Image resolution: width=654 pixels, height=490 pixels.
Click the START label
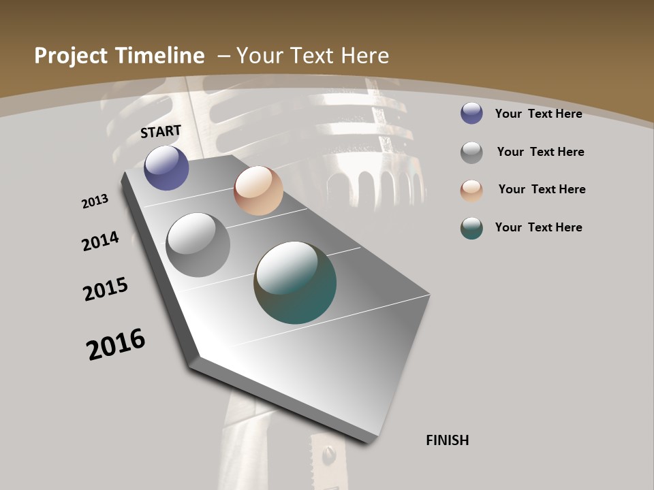click(161, 131)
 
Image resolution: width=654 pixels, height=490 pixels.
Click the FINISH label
click(448, 440)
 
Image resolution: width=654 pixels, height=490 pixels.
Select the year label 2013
click(95, 201)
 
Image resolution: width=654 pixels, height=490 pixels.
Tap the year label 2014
click(101, 241)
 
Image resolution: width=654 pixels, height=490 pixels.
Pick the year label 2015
click(106, 289)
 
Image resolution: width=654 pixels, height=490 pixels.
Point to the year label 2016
click(116, 344)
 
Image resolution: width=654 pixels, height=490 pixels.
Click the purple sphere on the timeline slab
click(166, 167)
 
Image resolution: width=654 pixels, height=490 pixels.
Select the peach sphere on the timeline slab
click(258, 191)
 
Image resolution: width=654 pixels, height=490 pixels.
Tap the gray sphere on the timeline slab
click(198, 244)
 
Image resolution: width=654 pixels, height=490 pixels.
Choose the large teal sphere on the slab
click(295, 282)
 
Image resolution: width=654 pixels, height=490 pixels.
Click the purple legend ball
click(471, 113)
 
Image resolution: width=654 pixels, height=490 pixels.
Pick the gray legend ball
click(471, 152)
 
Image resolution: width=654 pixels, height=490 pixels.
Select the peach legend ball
click(471, 191)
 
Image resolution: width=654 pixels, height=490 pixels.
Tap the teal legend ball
click(471, 228)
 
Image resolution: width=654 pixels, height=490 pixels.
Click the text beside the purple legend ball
click(538, 114)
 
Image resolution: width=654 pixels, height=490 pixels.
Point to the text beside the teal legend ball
click(538, 227)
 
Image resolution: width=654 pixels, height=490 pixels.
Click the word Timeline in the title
click(159, 56)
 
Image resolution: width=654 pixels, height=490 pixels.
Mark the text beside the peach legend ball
click(542, 189)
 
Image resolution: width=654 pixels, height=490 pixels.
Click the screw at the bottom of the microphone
click(330, 453)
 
